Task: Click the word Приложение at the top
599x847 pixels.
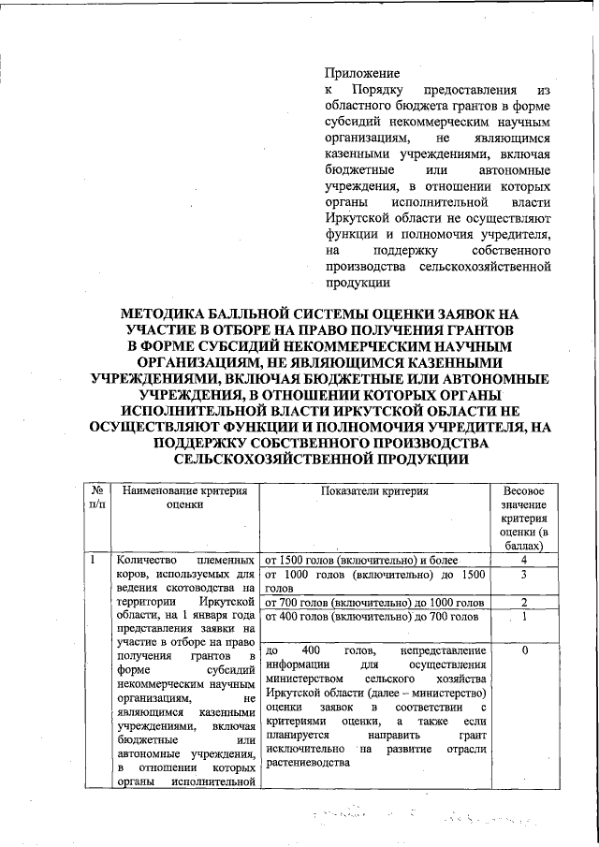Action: click(x=362, y=73)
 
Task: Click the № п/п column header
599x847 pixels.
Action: click(x=95, y=497)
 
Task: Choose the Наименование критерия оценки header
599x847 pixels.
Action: click(x=183, y=497)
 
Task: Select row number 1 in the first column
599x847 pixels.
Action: click(x=95, y=560)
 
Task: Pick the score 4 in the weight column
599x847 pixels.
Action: click(x=524, y=560)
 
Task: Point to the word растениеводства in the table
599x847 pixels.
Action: click(x=310, y=762)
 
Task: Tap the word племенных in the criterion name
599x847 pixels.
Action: click(x=226, y=559)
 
